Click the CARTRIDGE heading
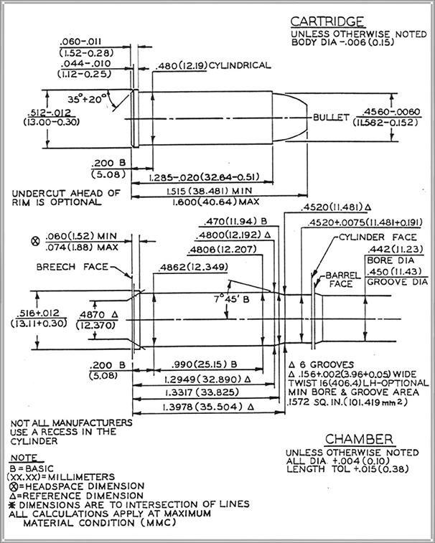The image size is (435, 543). click(327, 22)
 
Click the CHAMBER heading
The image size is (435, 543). click(360, 439)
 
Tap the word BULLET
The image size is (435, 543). click(331, 118)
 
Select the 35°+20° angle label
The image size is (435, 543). click(87, 100)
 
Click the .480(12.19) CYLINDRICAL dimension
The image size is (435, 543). click(213, 65)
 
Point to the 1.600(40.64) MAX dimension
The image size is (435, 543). click(215, 202)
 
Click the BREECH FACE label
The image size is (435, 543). click(72, 267)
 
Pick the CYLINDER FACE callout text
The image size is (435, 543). click(378, 237)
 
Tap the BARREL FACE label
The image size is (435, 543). click(343, 280)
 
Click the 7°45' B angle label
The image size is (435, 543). click(231, 299)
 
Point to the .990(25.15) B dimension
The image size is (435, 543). click(205, 364)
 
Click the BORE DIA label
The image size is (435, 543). click(390, 260)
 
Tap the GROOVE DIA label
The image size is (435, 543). click(397, 282)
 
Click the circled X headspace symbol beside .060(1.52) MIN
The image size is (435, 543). click(35, 241)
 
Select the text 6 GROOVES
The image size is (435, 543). click(327, 364)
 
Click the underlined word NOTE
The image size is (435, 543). click(24, 458)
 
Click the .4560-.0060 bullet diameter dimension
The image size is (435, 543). click(391, 112)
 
